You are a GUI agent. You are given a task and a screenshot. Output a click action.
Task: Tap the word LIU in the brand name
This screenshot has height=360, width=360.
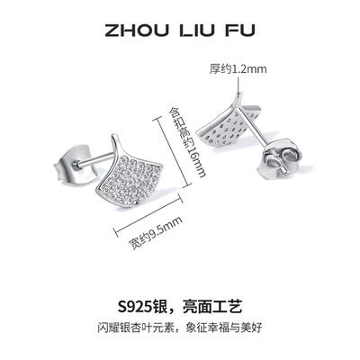pos(198,31)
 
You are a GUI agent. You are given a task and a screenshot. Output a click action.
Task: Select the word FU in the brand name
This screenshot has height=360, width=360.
pos(241,31)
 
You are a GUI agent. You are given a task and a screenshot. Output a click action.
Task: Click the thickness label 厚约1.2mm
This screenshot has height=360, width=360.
pos(238,69)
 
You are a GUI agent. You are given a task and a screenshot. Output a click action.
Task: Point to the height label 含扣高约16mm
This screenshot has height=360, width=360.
pos(186,142)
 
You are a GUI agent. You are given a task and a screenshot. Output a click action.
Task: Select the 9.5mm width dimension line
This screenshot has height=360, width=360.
pos(148,213)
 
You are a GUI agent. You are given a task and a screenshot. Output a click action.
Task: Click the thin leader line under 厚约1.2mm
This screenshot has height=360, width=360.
pos(238,84)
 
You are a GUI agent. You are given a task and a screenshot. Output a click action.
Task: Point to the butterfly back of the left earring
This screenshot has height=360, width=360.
pos(75,165)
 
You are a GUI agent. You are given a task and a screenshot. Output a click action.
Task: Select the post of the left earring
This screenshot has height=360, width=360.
pos(93,158)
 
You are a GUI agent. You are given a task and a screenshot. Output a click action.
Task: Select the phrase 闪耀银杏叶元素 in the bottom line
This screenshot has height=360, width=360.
pos(137,327)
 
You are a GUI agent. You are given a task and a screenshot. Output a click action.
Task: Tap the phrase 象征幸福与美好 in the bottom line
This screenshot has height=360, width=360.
pos(224,327)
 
